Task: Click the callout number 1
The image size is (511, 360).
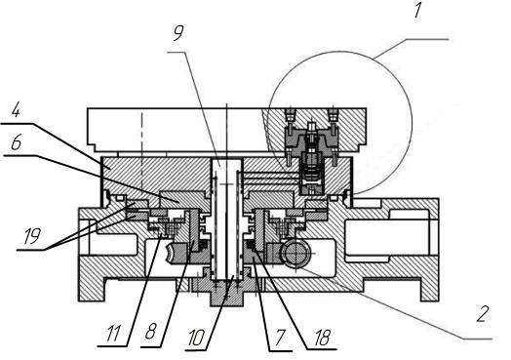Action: click(417, 10)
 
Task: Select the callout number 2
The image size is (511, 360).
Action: click(483, 314)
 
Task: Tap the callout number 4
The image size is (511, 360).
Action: click(16, 111)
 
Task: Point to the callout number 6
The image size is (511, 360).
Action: click(16, 142)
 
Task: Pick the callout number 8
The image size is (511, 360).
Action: click(150, 332)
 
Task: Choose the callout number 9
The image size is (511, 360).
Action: click(178, 32)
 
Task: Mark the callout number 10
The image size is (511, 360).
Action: click(196, 338)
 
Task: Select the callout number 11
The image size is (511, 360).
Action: click(113, 333)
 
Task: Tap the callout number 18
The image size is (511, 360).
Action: click(323, 338)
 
